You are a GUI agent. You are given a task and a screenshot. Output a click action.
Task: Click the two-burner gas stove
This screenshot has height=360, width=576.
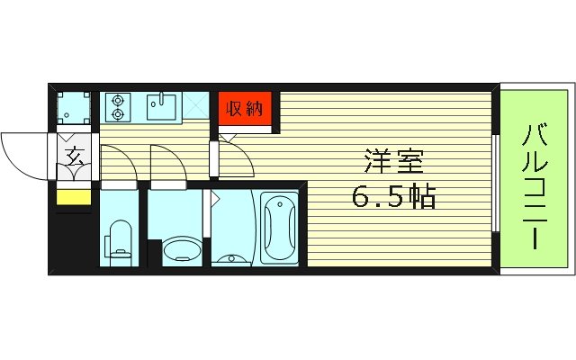[x=117, y=108]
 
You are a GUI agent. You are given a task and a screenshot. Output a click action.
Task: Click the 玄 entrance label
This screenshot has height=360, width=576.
[x=74, y=156]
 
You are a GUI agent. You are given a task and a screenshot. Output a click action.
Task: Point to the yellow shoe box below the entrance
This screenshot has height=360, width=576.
[x=74, y=197]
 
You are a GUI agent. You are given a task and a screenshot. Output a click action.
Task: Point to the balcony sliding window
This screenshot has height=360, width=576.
[x=498, y=180]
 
